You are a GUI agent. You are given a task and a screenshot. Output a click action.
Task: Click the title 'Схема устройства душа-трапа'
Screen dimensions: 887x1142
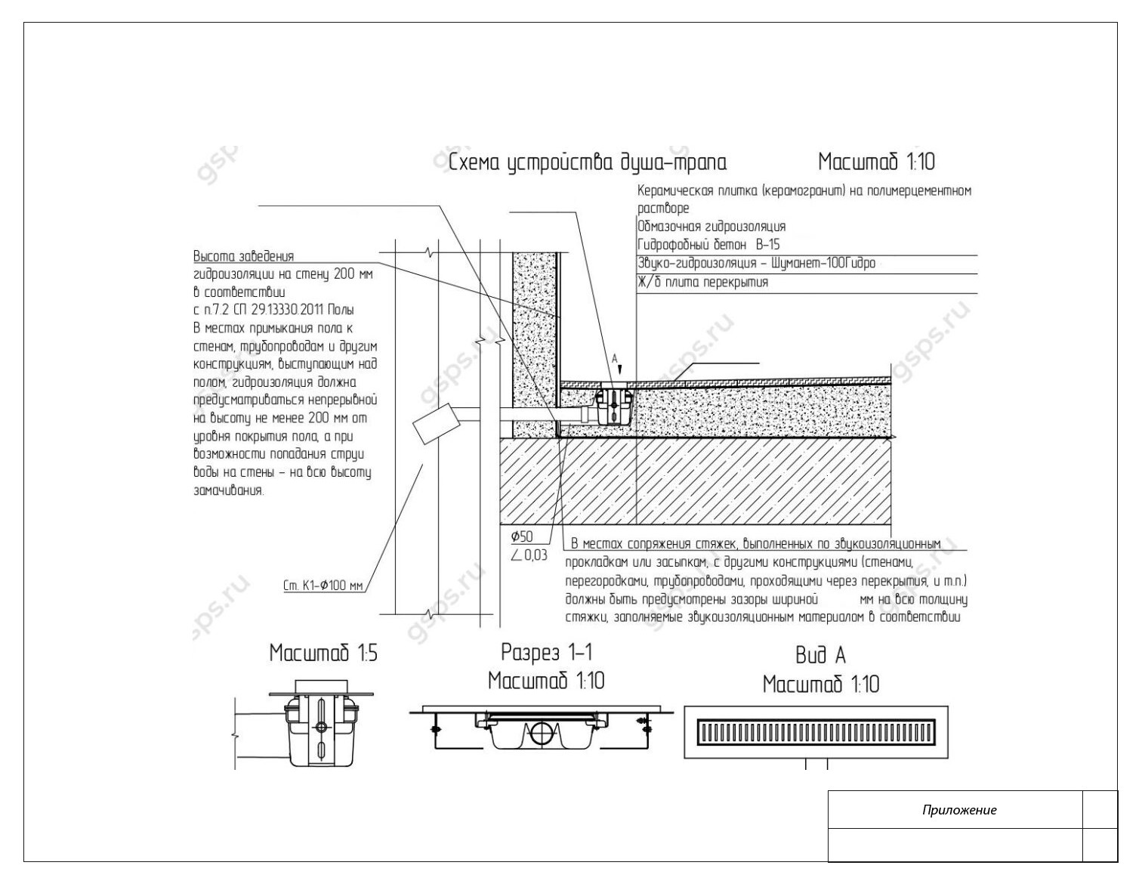(588, 163)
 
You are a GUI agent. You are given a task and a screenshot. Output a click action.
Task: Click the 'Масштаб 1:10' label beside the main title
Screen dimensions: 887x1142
(876, 162)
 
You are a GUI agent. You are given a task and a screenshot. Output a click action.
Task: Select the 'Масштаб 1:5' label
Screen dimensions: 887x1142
(323, 654)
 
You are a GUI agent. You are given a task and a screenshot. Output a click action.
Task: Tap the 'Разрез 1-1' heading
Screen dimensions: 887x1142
(546, 652)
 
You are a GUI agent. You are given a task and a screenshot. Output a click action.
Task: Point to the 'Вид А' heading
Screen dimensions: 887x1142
(820, 655)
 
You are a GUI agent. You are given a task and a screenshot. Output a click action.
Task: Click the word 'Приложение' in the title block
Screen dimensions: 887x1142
(958, 811)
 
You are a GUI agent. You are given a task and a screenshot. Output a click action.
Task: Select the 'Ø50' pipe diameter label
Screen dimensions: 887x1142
(522, 537)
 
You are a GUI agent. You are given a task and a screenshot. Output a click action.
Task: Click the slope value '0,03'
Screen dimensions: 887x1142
(535, 555)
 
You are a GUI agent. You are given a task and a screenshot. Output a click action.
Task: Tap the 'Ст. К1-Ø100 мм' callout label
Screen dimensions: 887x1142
(323, 586)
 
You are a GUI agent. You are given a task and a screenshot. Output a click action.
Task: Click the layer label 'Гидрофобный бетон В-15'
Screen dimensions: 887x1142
(708, 245)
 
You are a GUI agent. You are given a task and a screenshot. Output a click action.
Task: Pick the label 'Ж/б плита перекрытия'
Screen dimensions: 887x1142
(702, 283)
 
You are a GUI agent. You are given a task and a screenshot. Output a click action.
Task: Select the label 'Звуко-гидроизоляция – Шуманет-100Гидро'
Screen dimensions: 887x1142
(756, 264)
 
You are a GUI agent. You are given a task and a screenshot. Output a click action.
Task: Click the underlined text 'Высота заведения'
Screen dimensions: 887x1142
(243, 256)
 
